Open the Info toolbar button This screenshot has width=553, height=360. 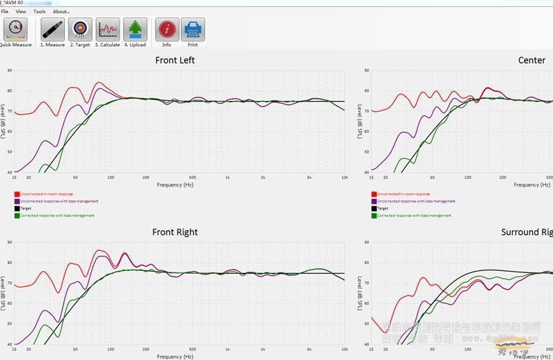point(167,31)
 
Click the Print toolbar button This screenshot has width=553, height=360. point(193,31)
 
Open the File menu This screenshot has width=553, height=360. point(5,12)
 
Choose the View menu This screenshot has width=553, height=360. point(21,12)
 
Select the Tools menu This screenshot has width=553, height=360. point(39,12)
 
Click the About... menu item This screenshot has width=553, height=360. point(61,12)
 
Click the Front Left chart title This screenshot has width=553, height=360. point(175,60)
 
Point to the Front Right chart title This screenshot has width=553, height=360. point(175,232)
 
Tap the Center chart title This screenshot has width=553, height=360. point(532,60)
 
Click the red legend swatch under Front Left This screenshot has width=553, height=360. point(17,194)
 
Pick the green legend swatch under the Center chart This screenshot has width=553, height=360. point(374,216)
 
